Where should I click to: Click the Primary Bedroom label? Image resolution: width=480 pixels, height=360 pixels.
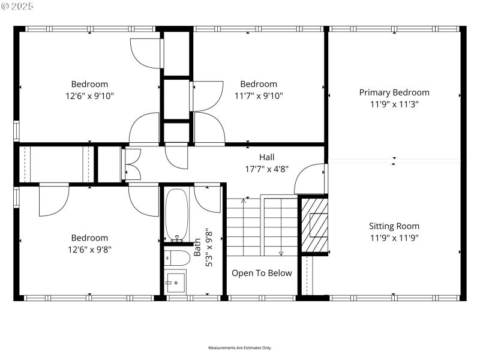394,92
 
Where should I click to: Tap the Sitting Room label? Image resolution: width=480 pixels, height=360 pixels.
394,226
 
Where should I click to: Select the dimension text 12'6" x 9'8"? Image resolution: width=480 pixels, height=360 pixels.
90,249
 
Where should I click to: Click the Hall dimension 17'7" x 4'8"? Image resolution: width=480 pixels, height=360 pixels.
267,169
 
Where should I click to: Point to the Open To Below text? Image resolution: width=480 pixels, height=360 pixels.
262,273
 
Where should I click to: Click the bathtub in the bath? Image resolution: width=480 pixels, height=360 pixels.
176,214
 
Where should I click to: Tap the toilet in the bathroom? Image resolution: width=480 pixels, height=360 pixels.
178,258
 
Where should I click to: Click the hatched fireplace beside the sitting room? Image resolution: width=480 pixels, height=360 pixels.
314,225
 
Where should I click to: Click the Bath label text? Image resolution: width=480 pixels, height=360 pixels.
197,248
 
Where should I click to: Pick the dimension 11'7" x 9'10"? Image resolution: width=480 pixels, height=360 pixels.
259,95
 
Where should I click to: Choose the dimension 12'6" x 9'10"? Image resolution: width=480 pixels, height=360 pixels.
90,95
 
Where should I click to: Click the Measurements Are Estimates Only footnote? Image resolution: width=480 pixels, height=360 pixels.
240,348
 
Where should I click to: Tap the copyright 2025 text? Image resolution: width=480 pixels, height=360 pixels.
18,6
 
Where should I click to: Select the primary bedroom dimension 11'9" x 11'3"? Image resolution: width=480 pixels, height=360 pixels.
394,104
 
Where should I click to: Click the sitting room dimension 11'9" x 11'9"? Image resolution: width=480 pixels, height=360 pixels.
394,238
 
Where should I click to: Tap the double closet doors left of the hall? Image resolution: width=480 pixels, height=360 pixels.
131,164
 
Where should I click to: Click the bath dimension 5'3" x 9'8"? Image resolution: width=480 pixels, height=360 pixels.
208,248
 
